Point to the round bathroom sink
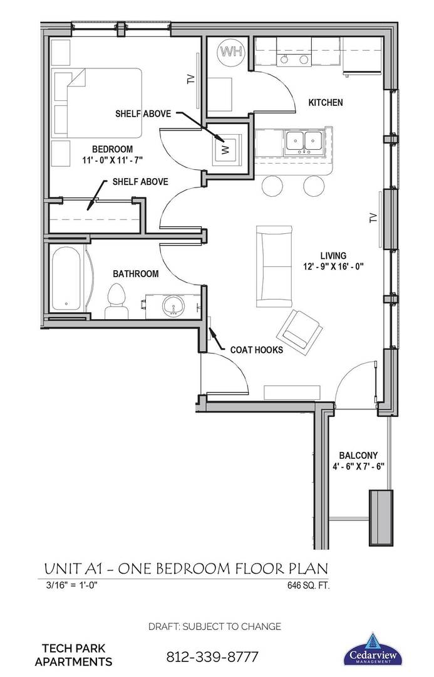click(x=173, y=307)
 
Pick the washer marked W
click(x=227, y=149)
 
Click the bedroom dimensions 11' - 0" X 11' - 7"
click(x=112, y=160)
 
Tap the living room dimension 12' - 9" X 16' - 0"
click(x=332, y=266)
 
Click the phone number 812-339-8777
click(x=212, y=658)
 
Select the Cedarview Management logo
click(x=374, y=649)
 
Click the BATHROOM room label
click(x=135, y=274)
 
